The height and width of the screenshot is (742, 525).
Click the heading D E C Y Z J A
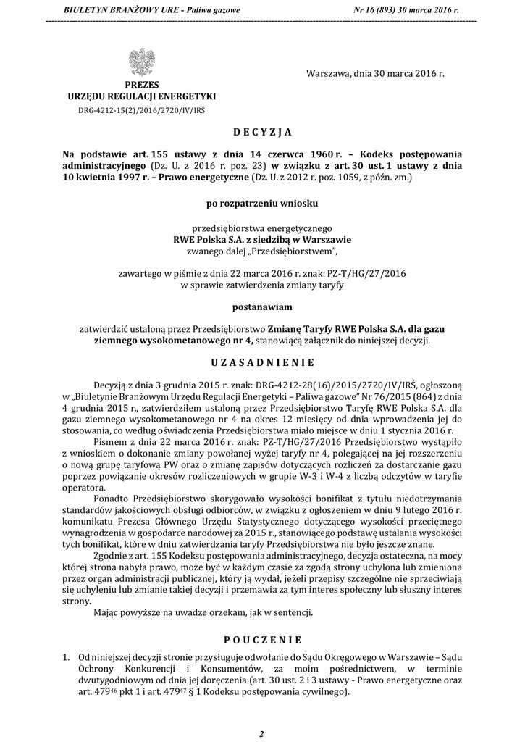coord(262,133)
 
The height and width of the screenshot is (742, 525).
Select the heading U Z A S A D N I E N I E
coord(262,362)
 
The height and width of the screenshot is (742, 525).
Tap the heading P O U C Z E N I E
coord(262,641)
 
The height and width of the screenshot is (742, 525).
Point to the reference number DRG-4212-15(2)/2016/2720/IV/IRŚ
coord(142,110)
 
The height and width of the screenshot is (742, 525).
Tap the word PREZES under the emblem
coord(141,85)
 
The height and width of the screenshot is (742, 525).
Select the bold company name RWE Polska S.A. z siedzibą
coord(262,240)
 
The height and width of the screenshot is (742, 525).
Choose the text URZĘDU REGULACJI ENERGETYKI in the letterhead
coord(141,96)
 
